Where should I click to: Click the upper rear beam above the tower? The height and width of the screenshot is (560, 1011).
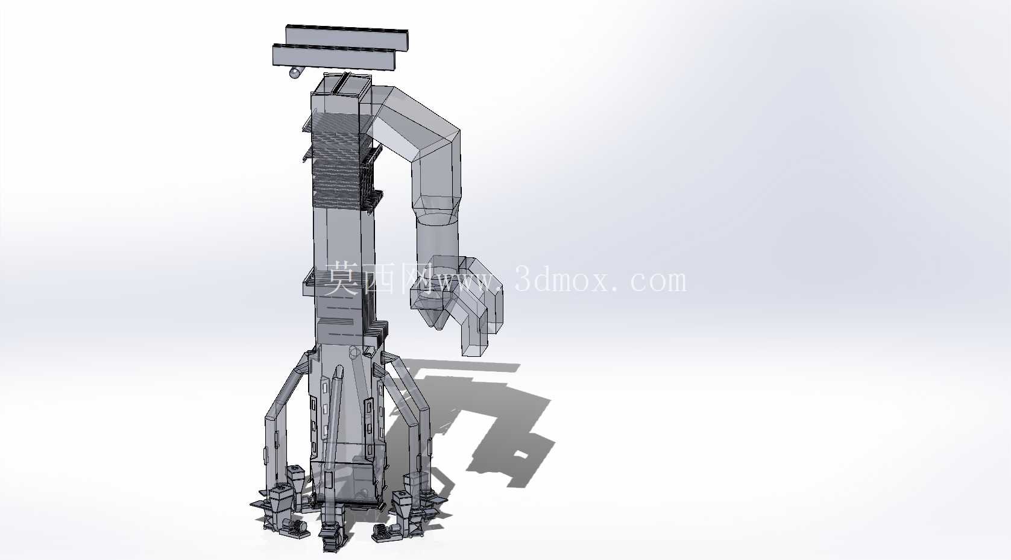[x=347, y=35]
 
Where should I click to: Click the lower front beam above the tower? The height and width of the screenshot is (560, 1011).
[x=335, y=57]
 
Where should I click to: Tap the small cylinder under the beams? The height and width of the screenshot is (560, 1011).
[x=295, y=72]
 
